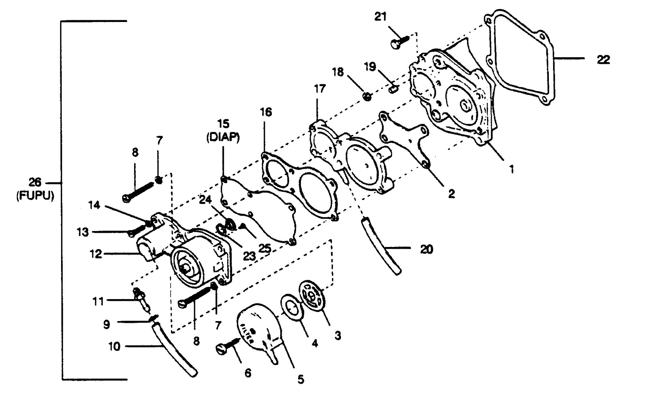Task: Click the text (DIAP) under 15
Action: point(223,137)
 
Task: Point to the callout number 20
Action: point(426,249)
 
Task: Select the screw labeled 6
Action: point(228,345)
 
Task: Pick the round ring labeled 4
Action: point(292,308)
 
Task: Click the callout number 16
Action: point(266,112)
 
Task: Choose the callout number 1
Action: point(512,169)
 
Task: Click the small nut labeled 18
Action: point(367,97)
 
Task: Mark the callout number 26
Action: point(35,183)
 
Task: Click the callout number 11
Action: point(98,301)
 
